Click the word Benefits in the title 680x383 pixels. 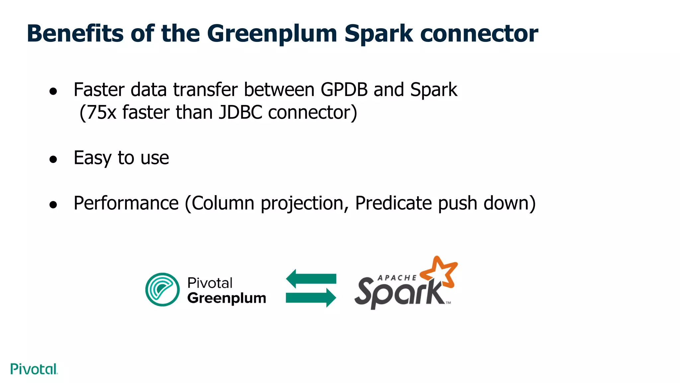point(75,34)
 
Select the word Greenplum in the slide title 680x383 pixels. point(272,34)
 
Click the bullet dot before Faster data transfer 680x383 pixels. point(53,91)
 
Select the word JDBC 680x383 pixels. point(240,112)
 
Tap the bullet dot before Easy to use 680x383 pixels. point(53,159)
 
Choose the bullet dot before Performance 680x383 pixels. point(53,205)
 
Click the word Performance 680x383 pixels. point(126,203)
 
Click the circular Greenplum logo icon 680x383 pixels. point(162,289)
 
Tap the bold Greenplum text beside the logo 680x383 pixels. point(226,298)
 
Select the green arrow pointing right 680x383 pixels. point(311,298)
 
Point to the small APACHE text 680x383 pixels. point(397,278)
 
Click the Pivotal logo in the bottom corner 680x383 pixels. point(34,369)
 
